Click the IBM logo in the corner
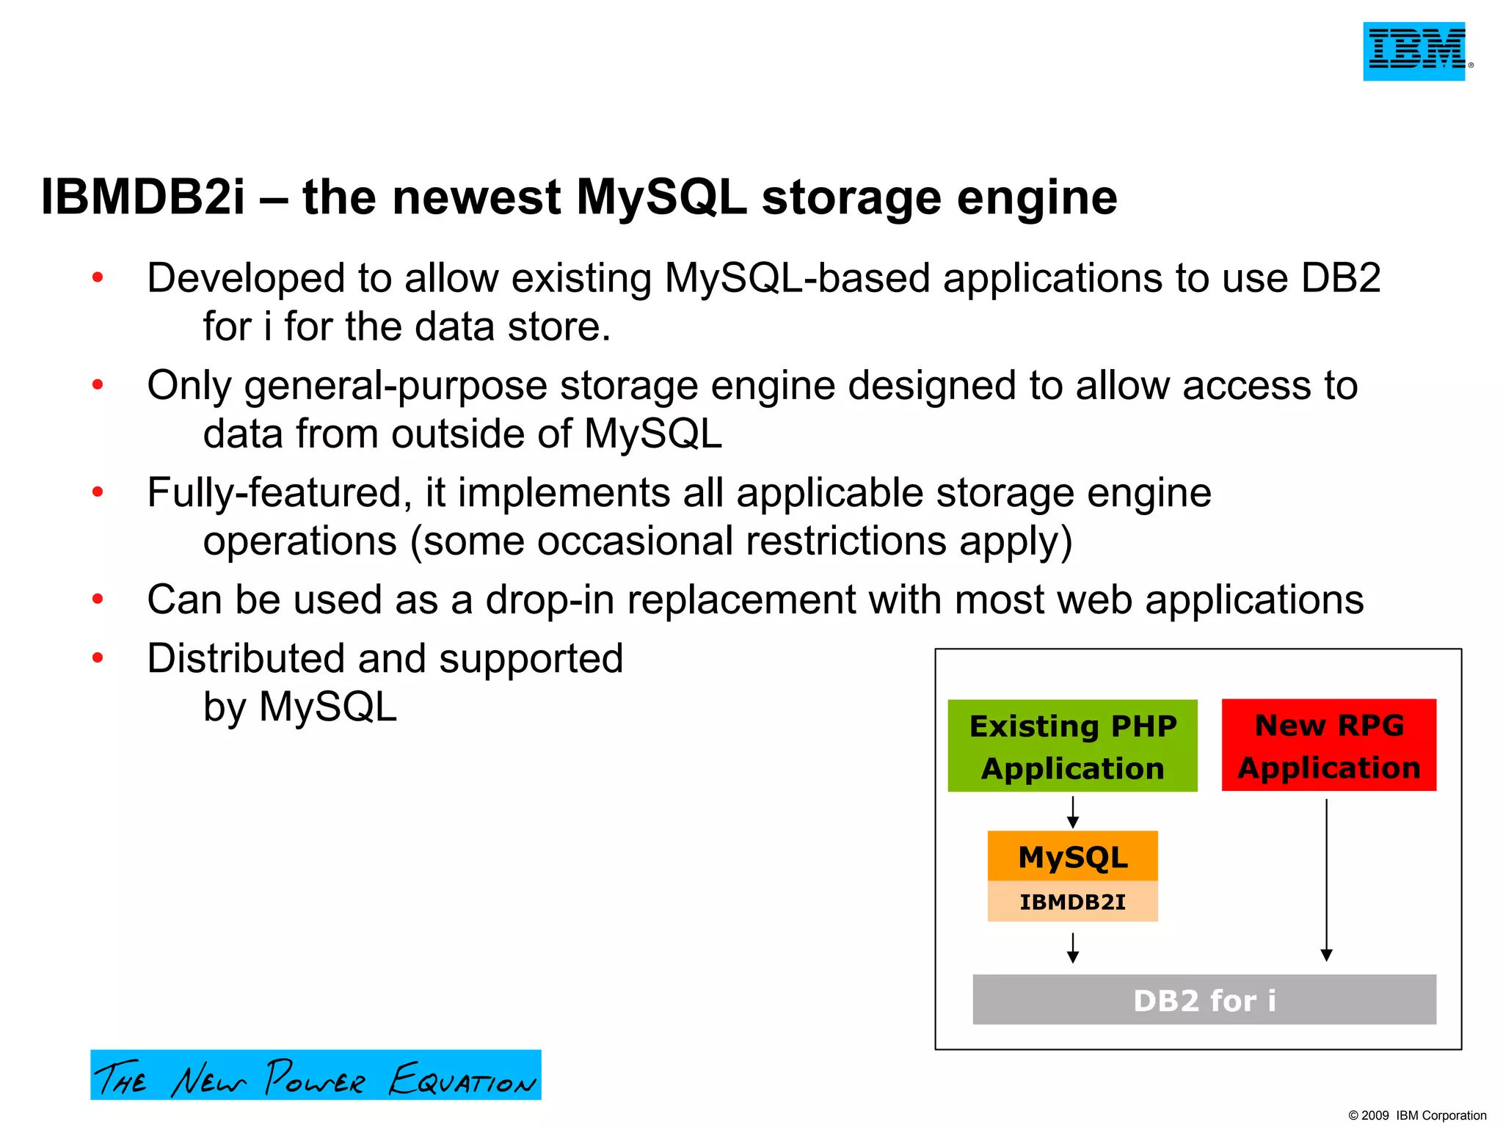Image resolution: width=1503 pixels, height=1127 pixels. [1413, 51]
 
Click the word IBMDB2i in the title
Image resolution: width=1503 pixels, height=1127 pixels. [142, 198]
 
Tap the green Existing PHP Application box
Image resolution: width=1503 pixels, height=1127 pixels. [1072, 745]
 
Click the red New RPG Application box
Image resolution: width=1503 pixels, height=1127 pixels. [1328, 745]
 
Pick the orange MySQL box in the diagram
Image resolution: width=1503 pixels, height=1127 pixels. [1072, 856]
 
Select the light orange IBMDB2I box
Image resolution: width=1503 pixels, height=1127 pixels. [1072, 902]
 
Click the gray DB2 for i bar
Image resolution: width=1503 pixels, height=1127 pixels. [1204, 1000]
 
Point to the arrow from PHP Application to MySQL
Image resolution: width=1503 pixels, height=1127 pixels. [1072, 812]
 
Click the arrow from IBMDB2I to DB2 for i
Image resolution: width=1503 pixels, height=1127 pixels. [1072, 947]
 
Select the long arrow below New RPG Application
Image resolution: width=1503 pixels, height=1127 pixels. [1326, 880]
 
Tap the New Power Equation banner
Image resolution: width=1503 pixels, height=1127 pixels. [316, 1075]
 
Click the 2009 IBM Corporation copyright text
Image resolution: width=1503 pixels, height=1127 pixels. [1416, 1115]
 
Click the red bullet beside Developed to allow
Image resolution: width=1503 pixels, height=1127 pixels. [98, 278]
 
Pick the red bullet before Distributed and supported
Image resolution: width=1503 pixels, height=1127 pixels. [98, 658]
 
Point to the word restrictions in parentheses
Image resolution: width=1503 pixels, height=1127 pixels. [846, 541]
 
